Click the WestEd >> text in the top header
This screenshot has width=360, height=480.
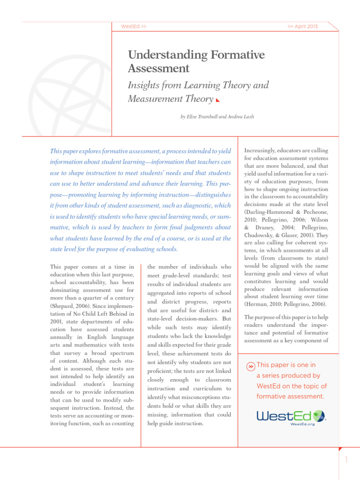tap(134, 27)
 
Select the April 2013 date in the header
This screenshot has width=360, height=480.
tap(302, 27)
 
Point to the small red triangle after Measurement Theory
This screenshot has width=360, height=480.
tap(217, 100)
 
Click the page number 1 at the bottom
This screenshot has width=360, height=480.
tap(346, 460)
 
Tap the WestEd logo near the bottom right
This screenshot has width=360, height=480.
tap(291, 415)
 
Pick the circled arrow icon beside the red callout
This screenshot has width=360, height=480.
tap(251, 366)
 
